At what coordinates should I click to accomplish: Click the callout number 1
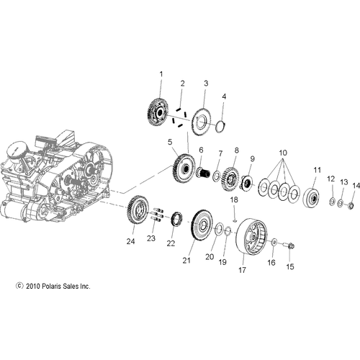click(161, 74)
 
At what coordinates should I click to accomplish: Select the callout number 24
click(130, 241)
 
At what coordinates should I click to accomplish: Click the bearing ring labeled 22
click(173, 218)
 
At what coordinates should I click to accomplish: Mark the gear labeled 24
click(135, 213)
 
